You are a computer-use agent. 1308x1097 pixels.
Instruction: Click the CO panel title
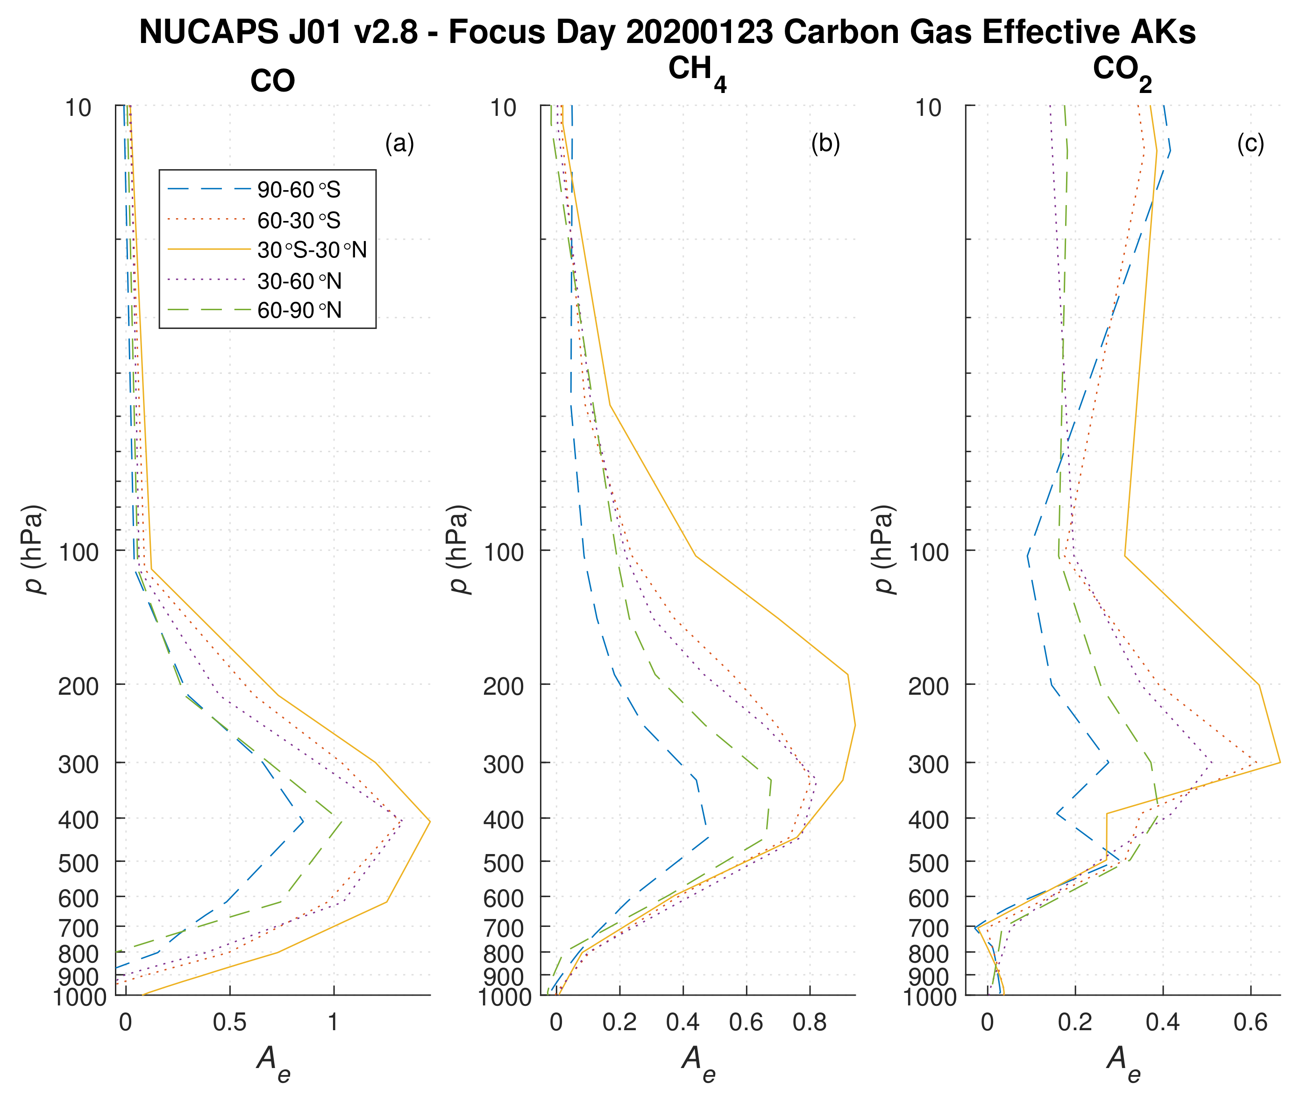(x=272, y=81)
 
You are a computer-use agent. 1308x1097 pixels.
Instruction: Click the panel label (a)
(x=399, y=143)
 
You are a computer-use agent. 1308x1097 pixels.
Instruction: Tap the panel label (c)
(x=1250, y=143)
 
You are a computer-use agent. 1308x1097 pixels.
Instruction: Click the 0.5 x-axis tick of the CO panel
(x=230, y=1022)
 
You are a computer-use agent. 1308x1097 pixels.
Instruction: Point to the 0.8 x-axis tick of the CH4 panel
(x=810, y=1022)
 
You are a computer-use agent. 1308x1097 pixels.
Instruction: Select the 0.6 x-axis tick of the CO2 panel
(x=1250, y=1022)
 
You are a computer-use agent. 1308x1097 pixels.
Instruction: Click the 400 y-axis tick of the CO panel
(x=78, y=820)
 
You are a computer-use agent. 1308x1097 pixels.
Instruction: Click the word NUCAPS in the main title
(x=209, y=31)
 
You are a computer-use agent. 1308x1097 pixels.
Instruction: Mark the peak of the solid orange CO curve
(x=430, y=822)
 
